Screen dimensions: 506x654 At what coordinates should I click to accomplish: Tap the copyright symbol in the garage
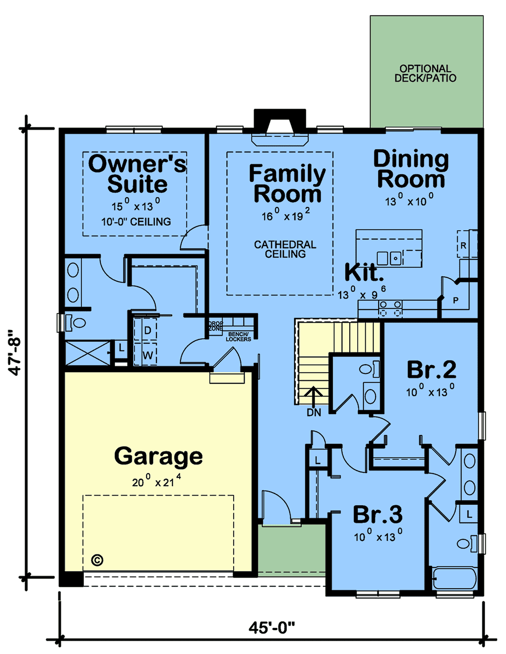(97, 560)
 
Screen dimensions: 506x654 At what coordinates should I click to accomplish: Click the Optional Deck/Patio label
(425, 73)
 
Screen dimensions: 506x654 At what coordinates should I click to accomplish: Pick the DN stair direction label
(314, 413)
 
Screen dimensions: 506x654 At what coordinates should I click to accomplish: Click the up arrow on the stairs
(314, 397)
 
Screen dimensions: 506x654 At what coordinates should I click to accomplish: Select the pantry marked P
(455, 300)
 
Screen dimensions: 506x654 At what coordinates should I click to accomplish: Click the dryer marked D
(148, 330)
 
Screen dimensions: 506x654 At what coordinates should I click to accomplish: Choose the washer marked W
(148, 355)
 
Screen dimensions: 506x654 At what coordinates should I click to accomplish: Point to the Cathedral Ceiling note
(285, 249)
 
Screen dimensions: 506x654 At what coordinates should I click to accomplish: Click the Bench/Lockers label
(238, 337)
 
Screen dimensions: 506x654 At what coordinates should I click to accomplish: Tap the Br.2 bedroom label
(431, 369)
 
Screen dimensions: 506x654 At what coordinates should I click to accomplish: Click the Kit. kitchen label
(364, 272)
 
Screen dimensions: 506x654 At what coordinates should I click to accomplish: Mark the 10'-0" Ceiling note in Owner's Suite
(136, 222)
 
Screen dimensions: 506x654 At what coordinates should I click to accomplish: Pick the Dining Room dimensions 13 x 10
(409, 200)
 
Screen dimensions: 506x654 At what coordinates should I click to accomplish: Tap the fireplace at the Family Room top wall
(280, 127)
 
